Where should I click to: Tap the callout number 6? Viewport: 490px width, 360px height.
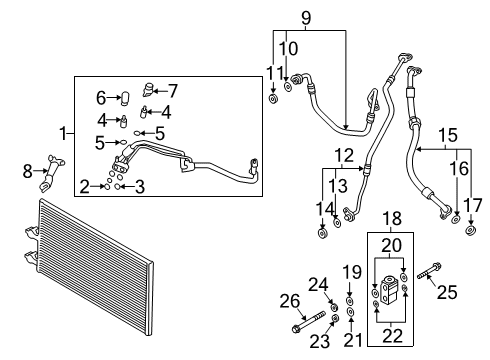point(101,97)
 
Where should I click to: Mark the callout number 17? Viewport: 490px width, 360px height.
point(471,205)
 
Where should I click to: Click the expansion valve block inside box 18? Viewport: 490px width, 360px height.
point(389,291)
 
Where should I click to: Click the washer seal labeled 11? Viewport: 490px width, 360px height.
point(274,100)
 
